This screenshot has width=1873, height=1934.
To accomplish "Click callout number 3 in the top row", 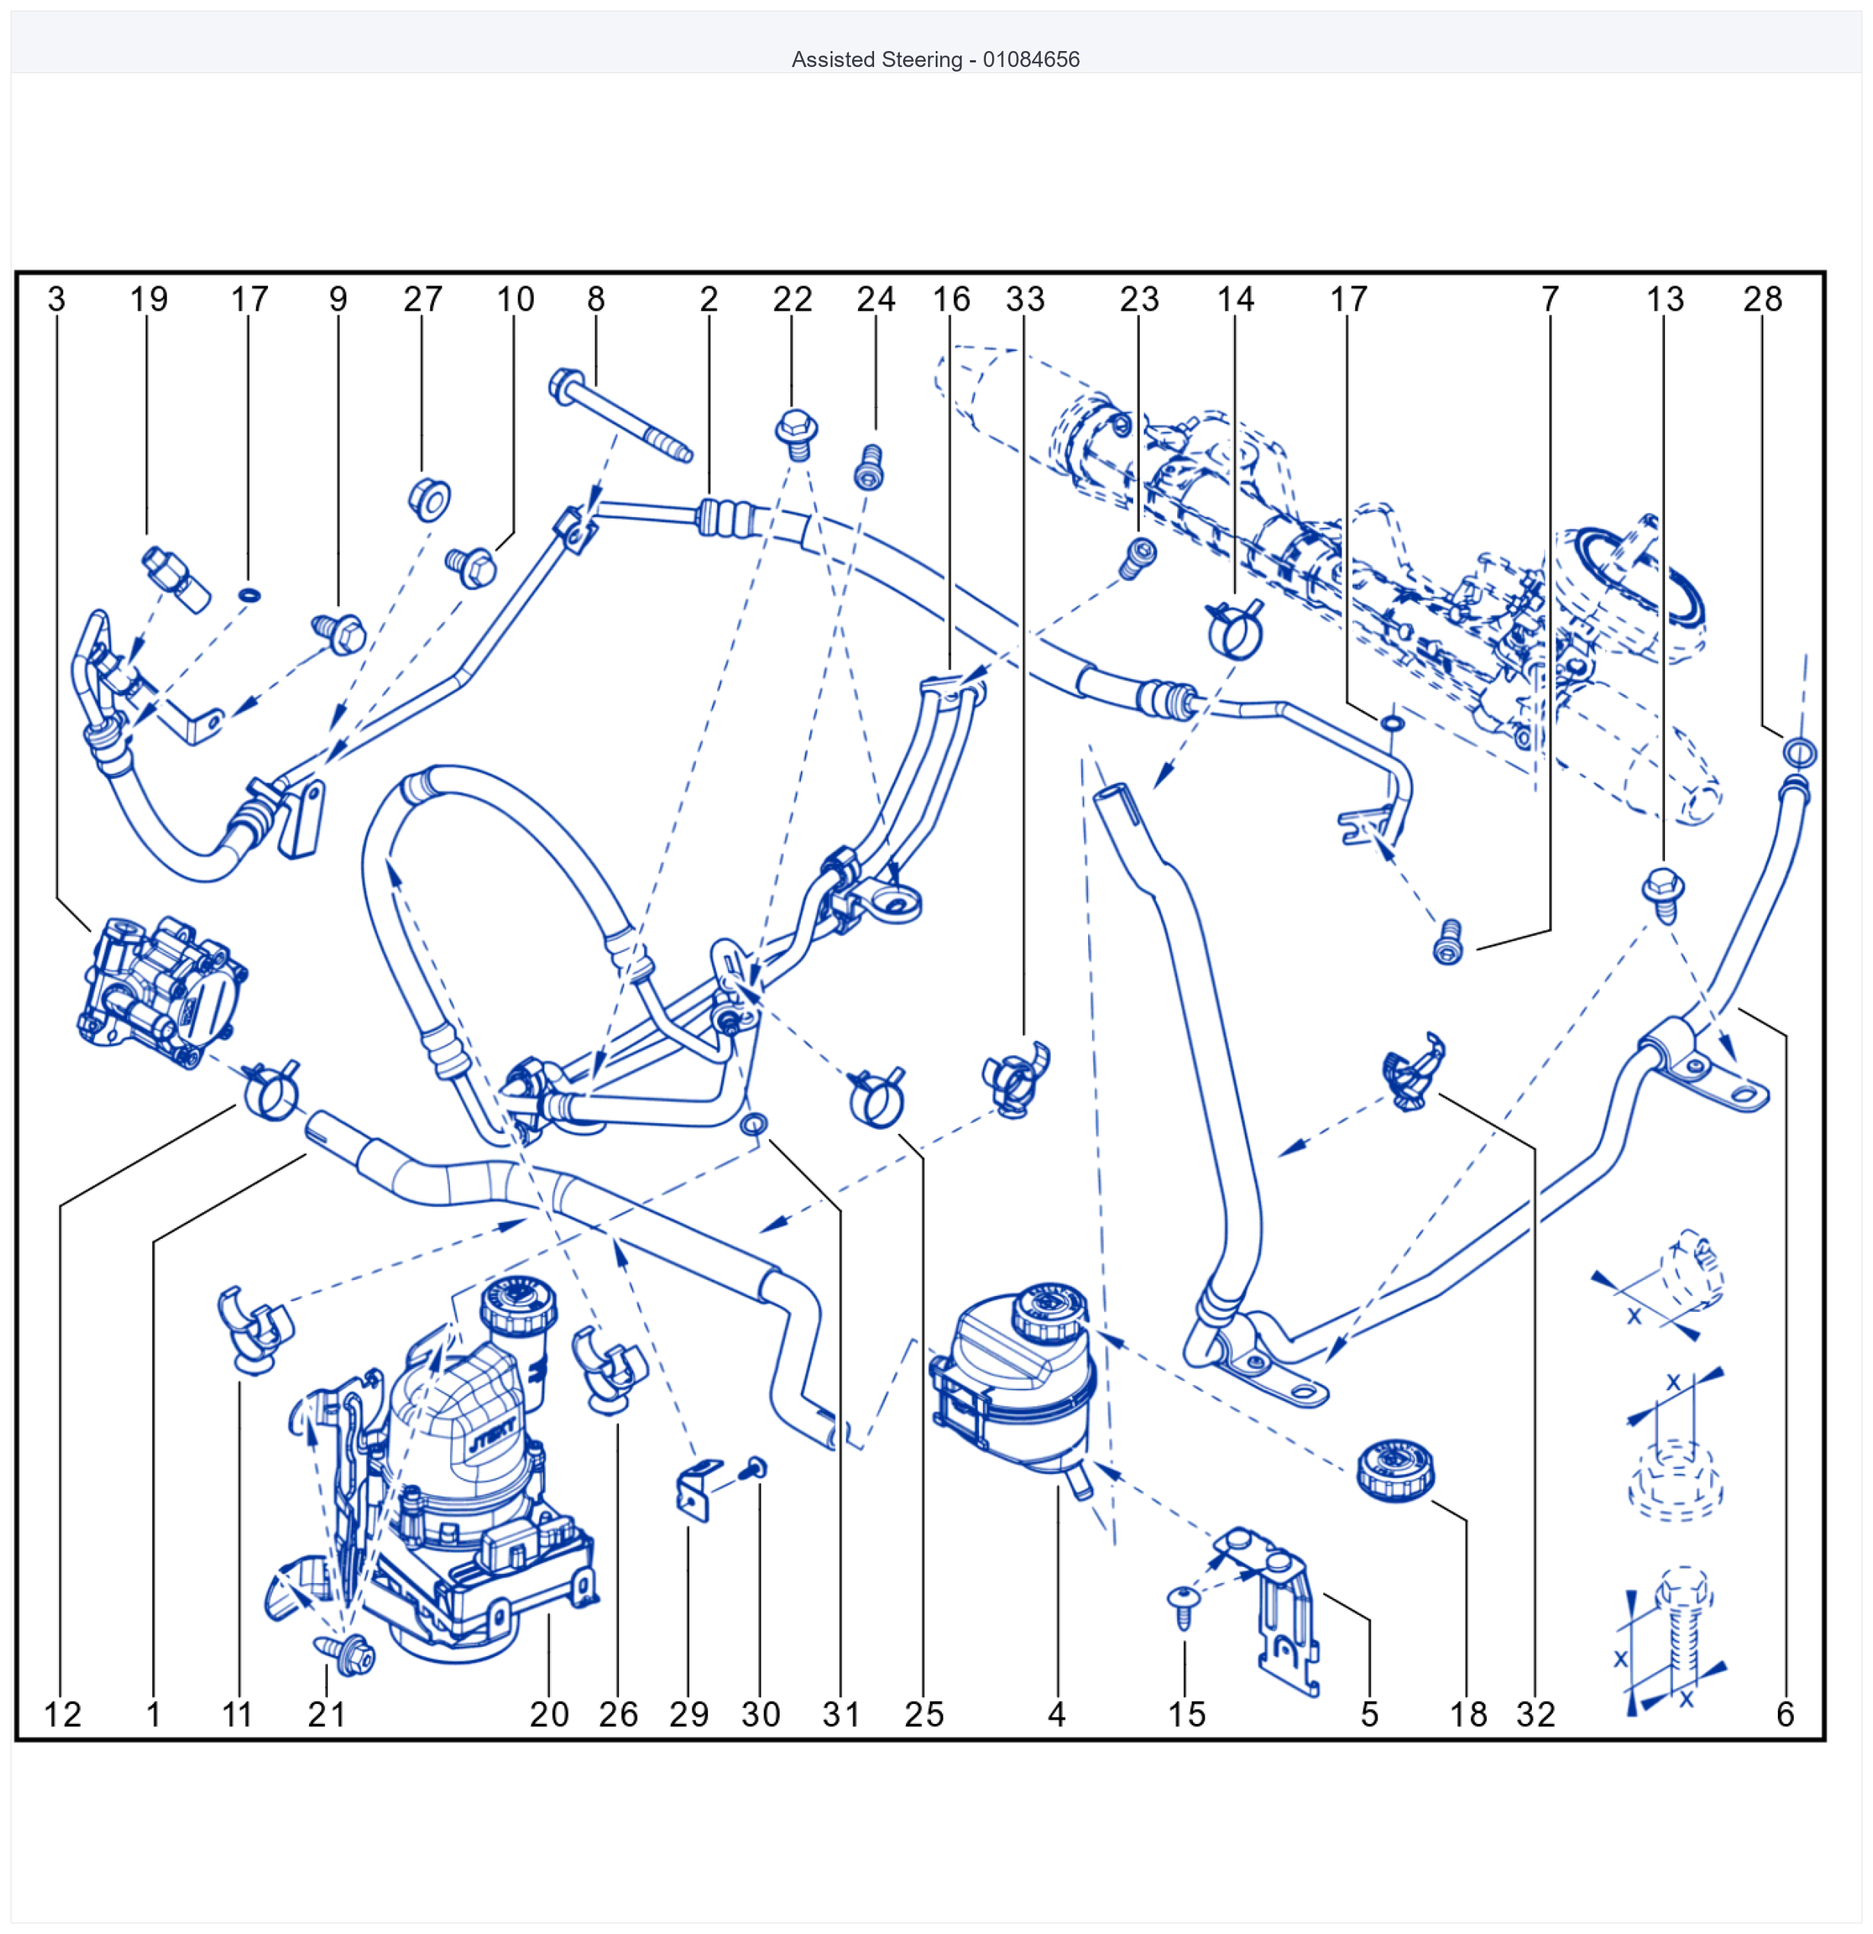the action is pyautogui.click(x=56, y=299).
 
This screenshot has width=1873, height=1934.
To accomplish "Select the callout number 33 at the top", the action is pyautogui.click(x=1024, y=299).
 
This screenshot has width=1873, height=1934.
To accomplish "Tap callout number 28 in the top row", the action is pyautogui.click(x=1763, y=299).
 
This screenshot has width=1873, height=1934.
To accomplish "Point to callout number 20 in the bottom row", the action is pyautogui.click(x=549, y=1714).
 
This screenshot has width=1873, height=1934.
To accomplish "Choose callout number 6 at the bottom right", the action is pyautogui.click(x=1784, y=1714).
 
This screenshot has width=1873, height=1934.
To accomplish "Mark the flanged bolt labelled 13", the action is pyautogui.click(x=1663, y=893).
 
